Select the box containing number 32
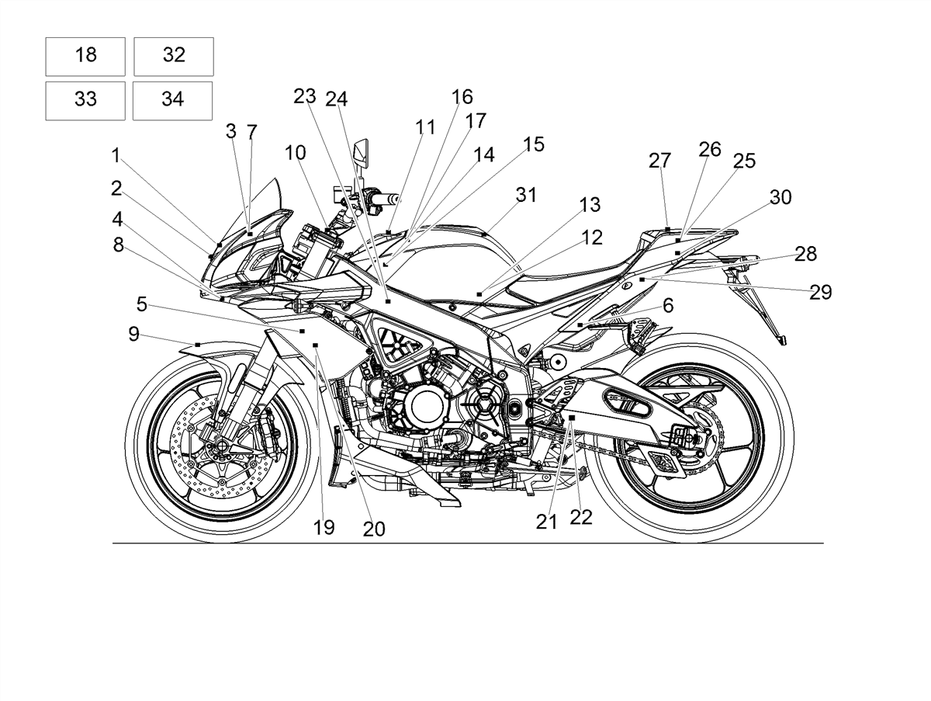click(174, 57)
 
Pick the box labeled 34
click(173, 101)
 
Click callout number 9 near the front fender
click(134, 334)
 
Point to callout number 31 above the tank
click(526, 195)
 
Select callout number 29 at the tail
click(821, 292)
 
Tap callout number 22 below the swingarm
click(580, 517)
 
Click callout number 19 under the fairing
click(324, 527)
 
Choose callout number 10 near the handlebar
click(296, 153)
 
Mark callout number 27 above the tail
click(659, 161)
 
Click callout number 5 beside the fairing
click(142, 304)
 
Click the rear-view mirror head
click(361, 152)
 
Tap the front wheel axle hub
click(221, 446)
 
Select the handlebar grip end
click(396, 198)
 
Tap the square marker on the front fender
click(198, 345)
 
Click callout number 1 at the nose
click(116, 156)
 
